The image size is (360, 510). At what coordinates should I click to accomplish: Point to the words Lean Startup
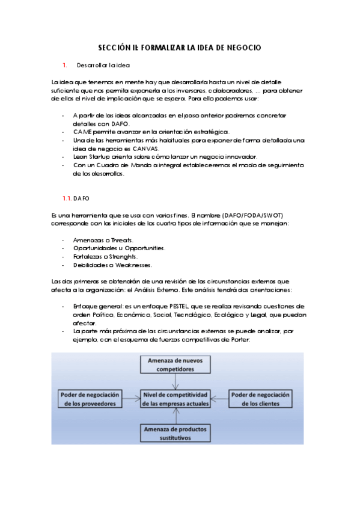89,156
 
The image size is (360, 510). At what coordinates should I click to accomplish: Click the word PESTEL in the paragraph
191,306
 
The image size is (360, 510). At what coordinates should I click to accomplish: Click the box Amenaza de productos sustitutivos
174,433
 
